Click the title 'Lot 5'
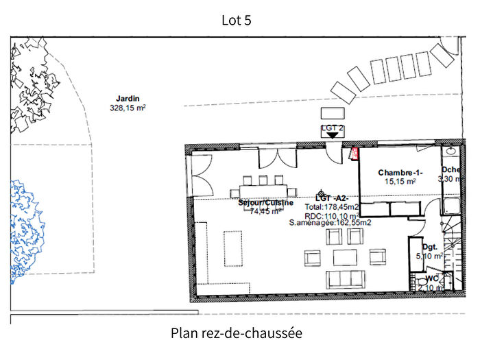point(237,20)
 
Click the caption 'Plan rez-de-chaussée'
point(236,333)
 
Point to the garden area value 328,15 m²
point(128,108)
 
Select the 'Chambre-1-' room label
point(400,173)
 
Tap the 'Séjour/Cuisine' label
point(265,203)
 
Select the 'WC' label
point(432,278)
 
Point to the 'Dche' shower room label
point(451,169)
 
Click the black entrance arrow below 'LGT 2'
point(333,135)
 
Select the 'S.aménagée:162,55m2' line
point(331,223)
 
